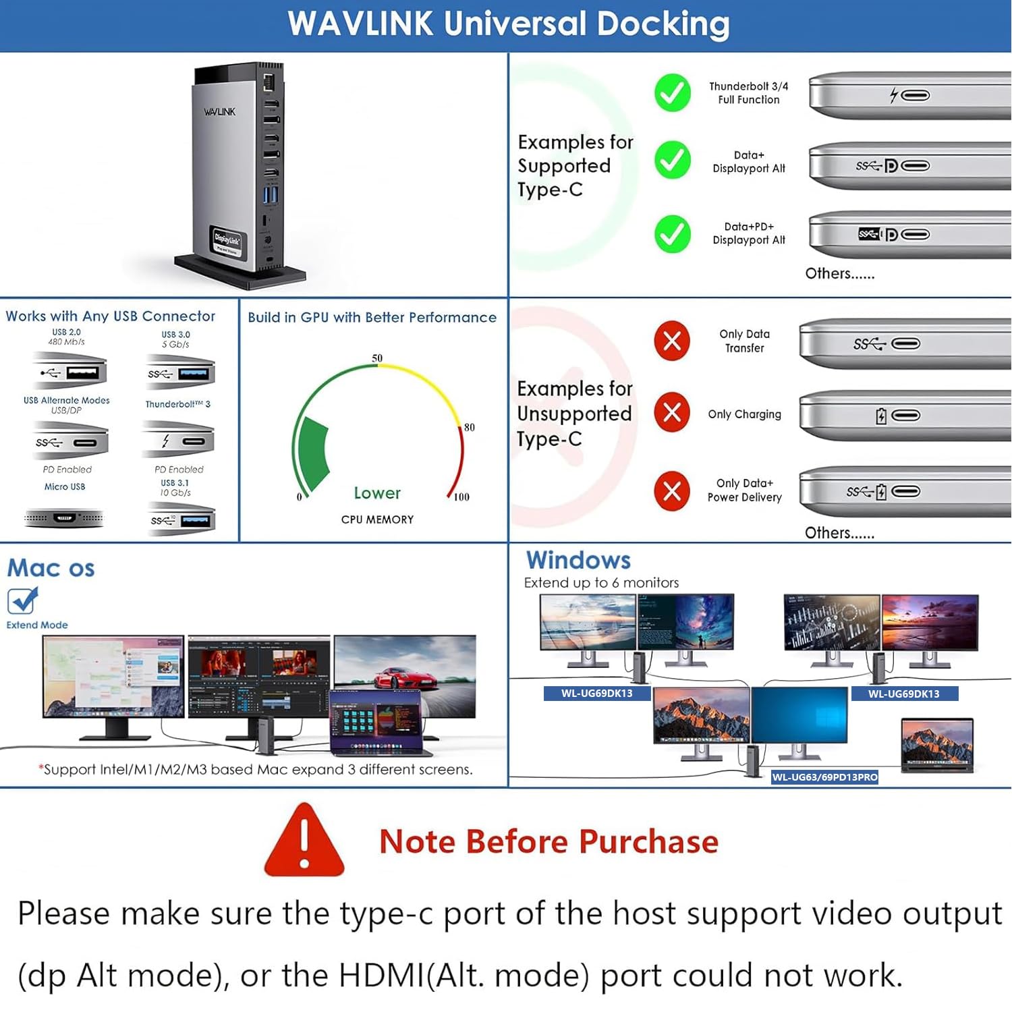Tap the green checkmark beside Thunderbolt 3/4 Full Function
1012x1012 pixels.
(672, 93)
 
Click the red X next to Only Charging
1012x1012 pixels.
(671, 412)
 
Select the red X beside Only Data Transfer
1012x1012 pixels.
(671, 341)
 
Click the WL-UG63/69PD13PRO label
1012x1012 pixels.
(824, 777)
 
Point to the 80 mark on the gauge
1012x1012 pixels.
(469, 427)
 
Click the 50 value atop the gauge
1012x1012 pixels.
(377, 358)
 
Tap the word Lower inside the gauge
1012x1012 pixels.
(377, 493)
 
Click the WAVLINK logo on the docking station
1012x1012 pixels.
(220, 111)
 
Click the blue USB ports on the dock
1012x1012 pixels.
(270, 195)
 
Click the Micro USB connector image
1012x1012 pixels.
(64, 518)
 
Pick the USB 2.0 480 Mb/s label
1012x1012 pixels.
(66, 337)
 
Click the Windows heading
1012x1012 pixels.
(578, 560)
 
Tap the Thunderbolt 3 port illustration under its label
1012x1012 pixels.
(179, 441)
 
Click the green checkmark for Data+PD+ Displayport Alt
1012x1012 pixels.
(672, 234)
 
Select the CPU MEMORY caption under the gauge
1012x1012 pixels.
(377, 519)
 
